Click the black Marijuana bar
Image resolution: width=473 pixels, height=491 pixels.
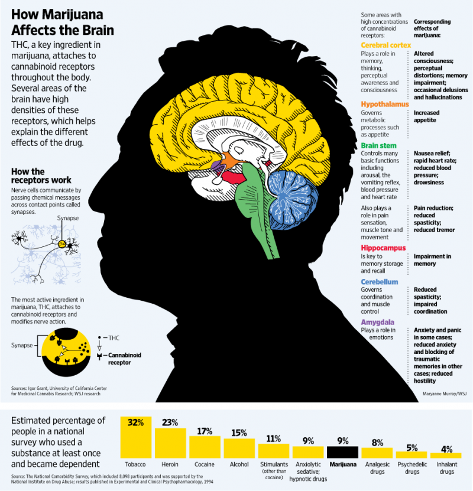[342, 452]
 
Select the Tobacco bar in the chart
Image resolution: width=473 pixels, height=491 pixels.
[135, 437]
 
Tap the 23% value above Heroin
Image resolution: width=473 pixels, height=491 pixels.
[170, 422]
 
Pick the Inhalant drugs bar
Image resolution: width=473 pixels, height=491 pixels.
[446, 456]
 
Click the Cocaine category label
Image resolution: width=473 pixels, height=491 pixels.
[204, 464]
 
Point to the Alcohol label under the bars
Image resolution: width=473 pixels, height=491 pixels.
[239, 464]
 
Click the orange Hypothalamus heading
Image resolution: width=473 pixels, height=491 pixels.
[385, 104]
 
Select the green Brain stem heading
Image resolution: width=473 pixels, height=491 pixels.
[378, 145]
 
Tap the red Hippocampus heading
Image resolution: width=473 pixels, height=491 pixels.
[383, 248]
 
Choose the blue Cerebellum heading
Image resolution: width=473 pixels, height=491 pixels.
[380, 282]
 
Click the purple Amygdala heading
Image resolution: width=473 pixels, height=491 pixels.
[377, 322]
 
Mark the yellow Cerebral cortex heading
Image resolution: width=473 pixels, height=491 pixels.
[385, 45]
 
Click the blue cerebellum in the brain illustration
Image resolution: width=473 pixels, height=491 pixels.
[292, 199]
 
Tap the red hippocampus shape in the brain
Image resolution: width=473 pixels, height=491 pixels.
[234, 178]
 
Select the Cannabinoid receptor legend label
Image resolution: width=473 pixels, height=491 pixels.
[124, 359]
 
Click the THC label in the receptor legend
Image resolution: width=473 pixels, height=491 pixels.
[114, 338]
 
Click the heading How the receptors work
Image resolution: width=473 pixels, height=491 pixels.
[41, 175]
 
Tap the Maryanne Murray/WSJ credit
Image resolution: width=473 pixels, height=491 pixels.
[444, 394]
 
